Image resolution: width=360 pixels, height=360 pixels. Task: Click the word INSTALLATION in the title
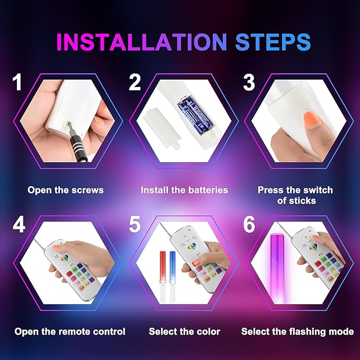(142, 42)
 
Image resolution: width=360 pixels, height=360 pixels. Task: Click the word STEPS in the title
(273, 42)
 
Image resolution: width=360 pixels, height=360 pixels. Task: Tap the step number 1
(17, 82)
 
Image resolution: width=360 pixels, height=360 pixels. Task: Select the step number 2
(135, 82)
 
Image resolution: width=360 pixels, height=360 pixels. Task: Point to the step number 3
(249, 82)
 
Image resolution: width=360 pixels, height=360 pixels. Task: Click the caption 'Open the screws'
(65, 190)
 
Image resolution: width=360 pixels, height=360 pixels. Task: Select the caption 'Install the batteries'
(185, 190)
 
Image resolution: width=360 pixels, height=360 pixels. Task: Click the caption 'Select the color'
(185, 331)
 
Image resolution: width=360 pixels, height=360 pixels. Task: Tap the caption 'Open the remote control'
(70, 331)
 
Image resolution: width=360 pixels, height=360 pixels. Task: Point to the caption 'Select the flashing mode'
(297, 331)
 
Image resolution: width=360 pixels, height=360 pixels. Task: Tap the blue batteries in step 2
(195, 113)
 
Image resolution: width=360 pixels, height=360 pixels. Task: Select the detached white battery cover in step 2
(161, 129)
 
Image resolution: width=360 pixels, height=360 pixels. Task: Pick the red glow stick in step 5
(163, 266)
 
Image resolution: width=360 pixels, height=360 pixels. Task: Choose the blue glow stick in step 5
(172, 266)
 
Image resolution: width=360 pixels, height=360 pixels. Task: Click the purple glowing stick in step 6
(277, 269)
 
